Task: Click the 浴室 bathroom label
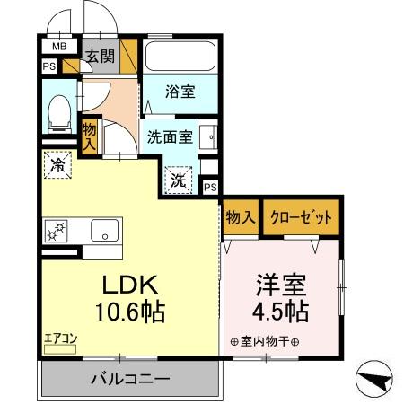pos(180,91)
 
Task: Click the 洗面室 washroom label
pos(170,138)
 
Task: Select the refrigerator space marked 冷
pos(57,166)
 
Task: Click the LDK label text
pos(128,286)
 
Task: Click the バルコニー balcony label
pos(129,379)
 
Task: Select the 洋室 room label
pos(281,286)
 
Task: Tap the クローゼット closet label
pos(302,216)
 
